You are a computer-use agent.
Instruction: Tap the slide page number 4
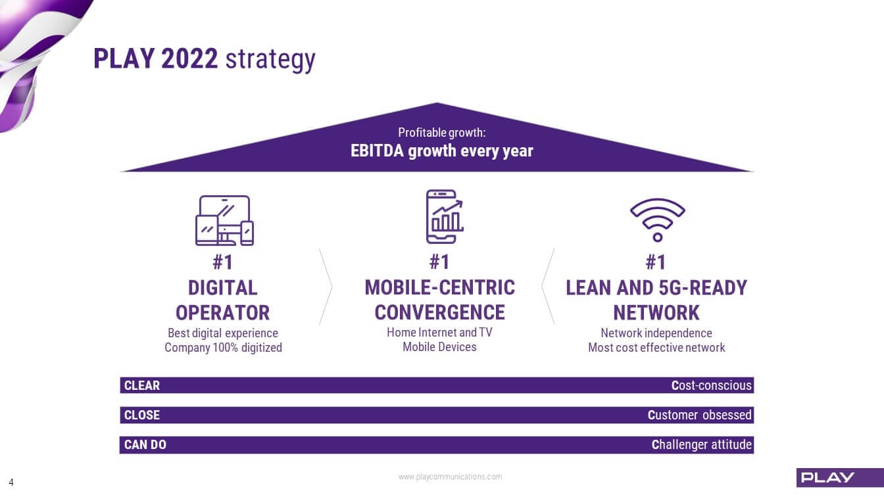point(11,482)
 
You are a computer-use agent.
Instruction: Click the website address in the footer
point(451,477)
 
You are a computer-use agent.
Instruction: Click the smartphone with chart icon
point(445,216)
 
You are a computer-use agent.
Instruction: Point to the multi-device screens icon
point(224,220)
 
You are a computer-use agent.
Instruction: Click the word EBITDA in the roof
point(377,151)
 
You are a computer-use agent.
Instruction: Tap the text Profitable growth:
point(441,133)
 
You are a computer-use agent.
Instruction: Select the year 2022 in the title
point(189,59)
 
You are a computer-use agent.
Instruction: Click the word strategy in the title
point(270,60)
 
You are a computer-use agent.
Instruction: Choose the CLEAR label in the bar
point(142,385)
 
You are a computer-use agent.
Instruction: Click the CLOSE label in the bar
point(142,415)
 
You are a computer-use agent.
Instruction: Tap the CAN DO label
point(145,444)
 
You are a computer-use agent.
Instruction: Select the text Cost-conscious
point(712,385)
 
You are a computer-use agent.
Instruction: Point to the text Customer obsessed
point(700,415)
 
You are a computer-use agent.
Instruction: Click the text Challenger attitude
point(702,444)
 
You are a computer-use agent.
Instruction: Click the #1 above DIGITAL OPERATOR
point(223,262)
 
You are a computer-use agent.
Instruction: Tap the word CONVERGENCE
point(439,312)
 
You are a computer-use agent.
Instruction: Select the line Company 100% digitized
point(224,348)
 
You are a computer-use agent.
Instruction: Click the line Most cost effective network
point(656,348)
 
